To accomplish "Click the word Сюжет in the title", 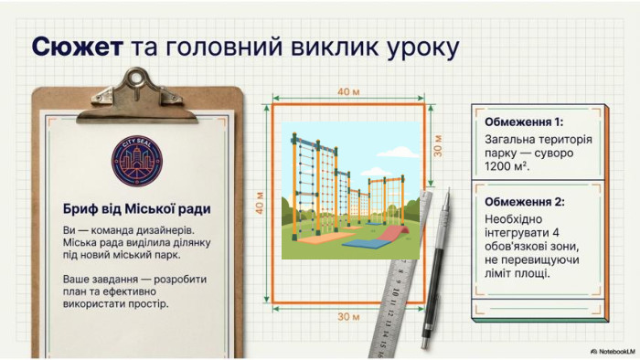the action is [x=77, y=48].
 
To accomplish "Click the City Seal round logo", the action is [x=137, y=161].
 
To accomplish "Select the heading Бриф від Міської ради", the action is [x=137, y=208].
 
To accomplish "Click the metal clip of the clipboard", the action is [x=137, y=97].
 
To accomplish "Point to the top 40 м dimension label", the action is [x=348, y=91].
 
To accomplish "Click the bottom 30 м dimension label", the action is [x=348, y=316].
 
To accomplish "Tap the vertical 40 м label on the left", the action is [x=260, y=203].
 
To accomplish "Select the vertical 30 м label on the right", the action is [x=438, y=145].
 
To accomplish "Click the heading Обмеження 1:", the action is [x=524, y=122].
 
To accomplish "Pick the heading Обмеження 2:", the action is [x=525, y=202].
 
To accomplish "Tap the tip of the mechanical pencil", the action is [x=449, y=189].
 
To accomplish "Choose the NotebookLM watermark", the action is [x=613, y=351].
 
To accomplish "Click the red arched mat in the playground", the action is [x=392, y=233].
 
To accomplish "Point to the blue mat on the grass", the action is [x=366, y=243].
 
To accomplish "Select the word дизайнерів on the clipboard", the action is [x=165, y=230].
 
